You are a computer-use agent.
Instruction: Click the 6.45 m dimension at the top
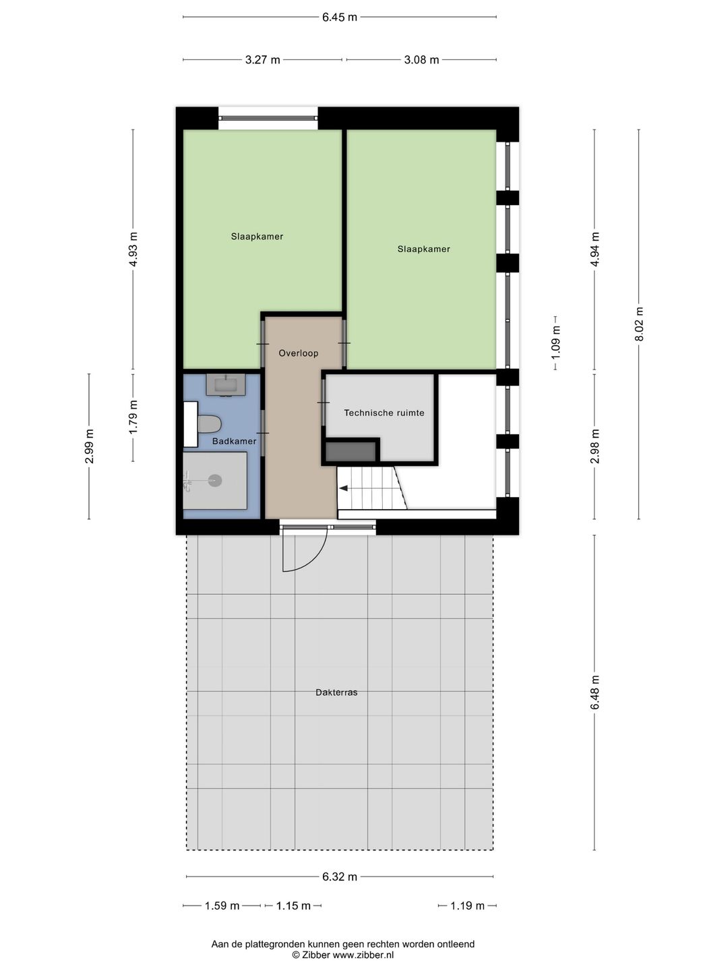pos(339,18)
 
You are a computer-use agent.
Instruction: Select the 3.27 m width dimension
pos(262,60)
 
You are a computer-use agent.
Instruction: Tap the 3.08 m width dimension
pos(421,60)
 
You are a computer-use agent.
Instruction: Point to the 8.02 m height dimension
pos(639,324)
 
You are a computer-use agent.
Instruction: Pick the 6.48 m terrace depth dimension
pos(595,692)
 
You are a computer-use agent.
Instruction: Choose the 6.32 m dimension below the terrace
pos(339,877)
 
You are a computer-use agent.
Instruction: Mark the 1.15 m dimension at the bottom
pos(293,906)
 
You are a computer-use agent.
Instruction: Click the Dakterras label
pos(336,693)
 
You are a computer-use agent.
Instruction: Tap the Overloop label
pos(299,353)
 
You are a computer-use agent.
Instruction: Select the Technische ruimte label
pos(384,413)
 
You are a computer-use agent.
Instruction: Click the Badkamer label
pos(234,442)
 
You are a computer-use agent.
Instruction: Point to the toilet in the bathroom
pos(209,424)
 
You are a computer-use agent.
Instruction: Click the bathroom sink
pos(225,385)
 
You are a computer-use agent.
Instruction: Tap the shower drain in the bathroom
pos(215,481)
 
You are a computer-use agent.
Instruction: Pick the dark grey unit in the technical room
pos(351,451)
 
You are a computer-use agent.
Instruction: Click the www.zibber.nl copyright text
pos(342,955)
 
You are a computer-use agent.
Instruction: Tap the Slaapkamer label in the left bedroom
pos(257,237)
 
